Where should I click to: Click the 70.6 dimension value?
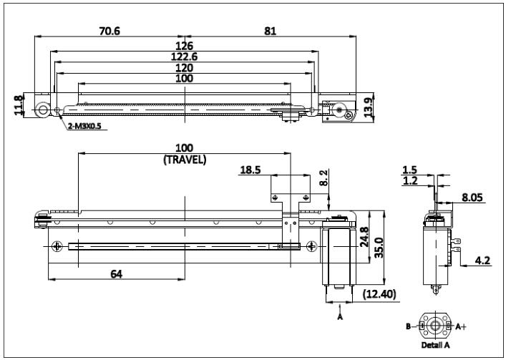109,31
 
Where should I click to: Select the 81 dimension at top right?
270,31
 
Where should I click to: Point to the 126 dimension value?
184,46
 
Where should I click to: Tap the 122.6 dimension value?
184,57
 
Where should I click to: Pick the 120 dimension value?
184,68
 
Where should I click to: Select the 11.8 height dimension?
19,105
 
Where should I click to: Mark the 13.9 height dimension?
368,107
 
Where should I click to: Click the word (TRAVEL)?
185,160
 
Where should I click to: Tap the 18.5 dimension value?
250,170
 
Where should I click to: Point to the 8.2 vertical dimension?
323,177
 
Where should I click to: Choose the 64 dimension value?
117,274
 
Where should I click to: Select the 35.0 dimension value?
379,248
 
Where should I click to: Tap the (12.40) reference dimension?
379,294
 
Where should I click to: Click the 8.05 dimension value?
472,198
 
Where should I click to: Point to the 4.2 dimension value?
482,261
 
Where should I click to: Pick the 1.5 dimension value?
409,170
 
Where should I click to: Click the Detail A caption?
435,345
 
